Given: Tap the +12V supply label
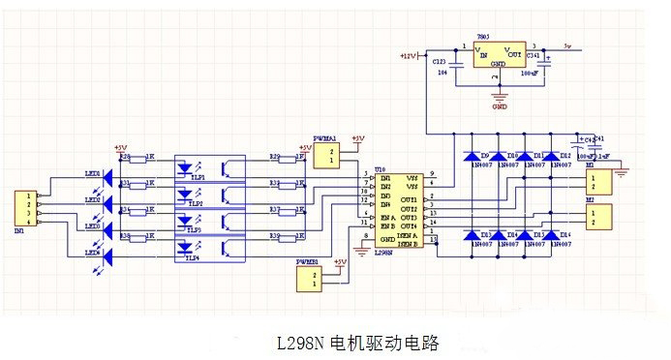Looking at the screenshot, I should pyautogui.click(x=408, y=56).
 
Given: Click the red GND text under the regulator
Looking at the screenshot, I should pyautogui.click(x=500, y=106).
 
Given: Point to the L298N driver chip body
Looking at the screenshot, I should pyautogui.click(x=397, y=209).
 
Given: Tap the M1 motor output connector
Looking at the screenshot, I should pyautogui.click(x=601, y=182).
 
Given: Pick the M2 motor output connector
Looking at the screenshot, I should pyautogui.click(x=601, y=215).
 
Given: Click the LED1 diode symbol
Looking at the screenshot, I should pyautogui.click(x=108, y=180).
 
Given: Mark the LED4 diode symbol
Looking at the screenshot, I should pyautogui.click(x=108, y=256).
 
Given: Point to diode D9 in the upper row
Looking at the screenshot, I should pyautogui.click(x=473, y=156).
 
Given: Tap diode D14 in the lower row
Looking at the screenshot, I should pyautogui.click(x=552, y=236).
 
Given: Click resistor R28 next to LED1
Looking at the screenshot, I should pyautogui.click(x=136, y=161).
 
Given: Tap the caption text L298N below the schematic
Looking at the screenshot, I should pyautogui.click(x=303, y=343).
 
